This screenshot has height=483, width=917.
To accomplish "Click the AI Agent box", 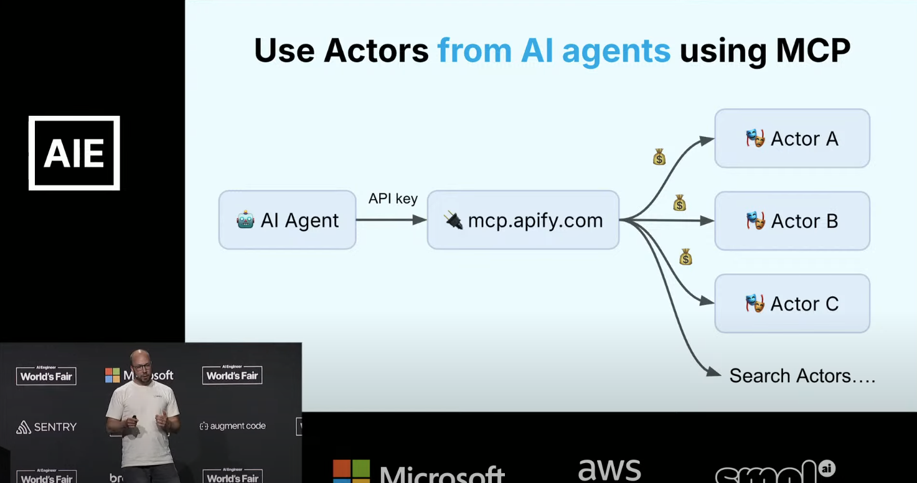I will tap(287, 220).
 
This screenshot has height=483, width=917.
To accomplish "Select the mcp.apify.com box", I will tap(523, 220).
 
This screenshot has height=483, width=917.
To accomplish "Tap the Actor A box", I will tap(792, 139).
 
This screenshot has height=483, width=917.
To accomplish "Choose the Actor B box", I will tap(792, 221).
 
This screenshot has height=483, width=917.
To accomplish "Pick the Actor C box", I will tap(792, 304).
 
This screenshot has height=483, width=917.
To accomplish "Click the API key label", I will tap(393, 199).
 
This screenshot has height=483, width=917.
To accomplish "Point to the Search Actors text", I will tap(802, 376).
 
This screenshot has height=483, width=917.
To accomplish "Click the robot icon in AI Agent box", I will tap(245, 220).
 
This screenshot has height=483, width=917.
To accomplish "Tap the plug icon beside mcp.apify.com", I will tap(453, 220).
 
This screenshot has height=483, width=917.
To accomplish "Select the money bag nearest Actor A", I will tap(659, 157).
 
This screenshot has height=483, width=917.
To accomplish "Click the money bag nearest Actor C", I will tap(685, 256).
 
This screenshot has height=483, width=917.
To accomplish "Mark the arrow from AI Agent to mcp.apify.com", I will tap(391, 220).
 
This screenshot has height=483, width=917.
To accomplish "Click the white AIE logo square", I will tap(74, 153).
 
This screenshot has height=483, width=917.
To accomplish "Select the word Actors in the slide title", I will tap(376, 51).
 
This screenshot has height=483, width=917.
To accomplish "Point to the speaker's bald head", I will tap(140, 358).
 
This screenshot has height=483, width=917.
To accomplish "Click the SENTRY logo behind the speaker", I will tap(47, 427).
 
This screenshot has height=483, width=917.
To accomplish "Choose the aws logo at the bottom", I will tap(609, 471).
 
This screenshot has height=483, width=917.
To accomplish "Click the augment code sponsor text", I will tap(233, 426).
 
